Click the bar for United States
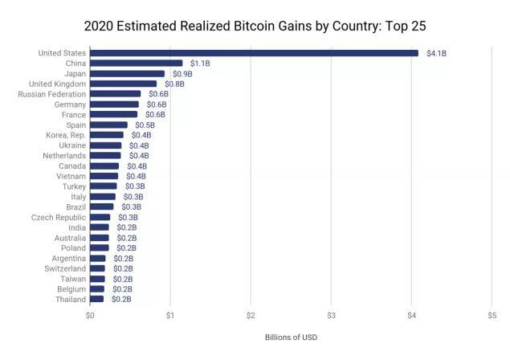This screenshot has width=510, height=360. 254,53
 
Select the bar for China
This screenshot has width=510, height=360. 137,63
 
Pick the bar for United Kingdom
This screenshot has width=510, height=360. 124,84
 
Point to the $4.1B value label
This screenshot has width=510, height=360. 438,53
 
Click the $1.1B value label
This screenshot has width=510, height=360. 200,63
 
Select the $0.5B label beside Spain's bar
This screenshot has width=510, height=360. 145,125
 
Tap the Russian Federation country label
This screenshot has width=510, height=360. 51,94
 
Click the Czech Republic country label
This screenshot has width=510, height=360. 59,217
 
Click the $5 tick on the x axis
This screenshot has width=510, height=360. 492,315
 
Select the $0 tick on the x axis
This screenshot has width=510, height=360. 90,315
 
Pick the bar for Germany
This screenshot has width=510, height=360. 114,104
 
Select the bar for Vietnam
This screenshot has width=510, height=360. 104,176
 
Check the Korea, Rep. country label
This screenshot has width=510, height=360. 66,135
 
